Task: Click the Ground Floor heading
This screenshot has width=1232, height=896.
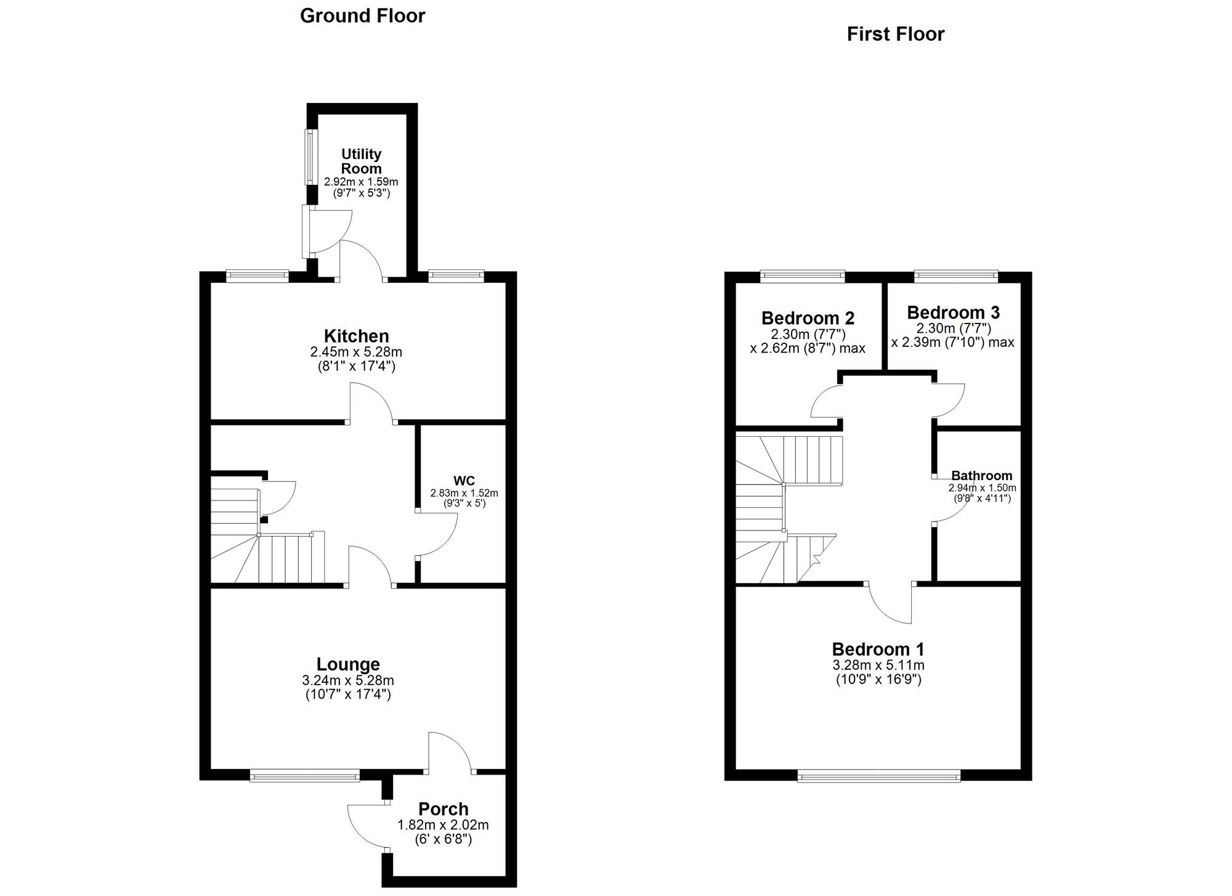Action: point(362,16)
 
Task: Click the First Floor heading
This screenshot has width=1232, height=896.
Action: point(895,34)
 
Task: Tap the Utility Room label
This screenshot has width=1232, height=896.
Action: point(361,161)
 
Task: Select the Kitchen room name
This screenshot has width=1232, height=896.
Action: point(356,336)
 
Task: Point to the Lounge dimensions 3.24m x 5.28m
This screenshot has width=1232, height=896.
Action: point(348,681)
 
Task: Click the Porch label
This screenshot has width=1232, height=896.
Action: point(443,808)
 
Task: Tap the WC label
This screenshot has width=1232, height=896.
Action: point(464,481)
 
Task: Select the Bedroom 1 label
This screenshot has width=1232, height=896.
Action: point(878,649)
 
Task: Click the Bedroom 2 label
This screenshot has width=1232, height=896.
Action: point(808,318)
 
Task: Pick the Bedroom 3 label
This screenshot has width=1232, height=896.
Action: point(953,312)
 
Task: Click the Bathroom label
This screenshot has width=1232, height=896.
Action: point(981,475)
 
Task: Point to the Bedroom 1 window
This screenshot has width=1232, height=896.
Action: point(878,776)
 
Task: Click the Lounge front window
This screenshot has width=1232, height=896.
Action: point(305,776)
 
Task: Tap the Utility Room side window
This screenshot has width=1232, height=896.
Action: point(310,157)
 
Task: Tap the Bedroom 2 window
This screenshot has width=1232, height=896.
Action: point(802,276)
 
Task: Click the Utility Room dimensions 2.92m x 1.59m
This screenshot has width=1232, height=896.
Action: point(361,182)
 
